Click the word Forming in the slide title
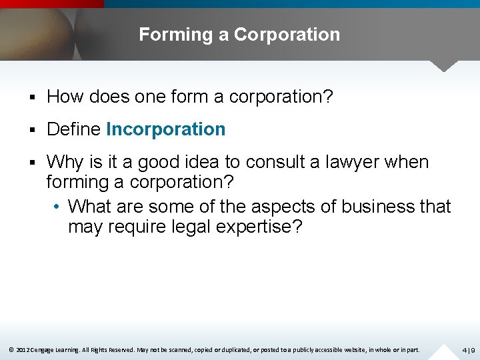tap(176, 35)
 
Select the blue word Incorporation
tap(166, 129)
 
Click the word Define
tap(74, 129)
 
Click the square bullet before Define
tap(33, 129)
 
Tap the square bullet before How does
tap(33, 97)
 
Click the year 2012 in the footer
tap(22, 349)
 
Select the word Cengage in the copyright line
tap(44, 349)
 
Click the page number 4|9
tap(468, 350)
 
